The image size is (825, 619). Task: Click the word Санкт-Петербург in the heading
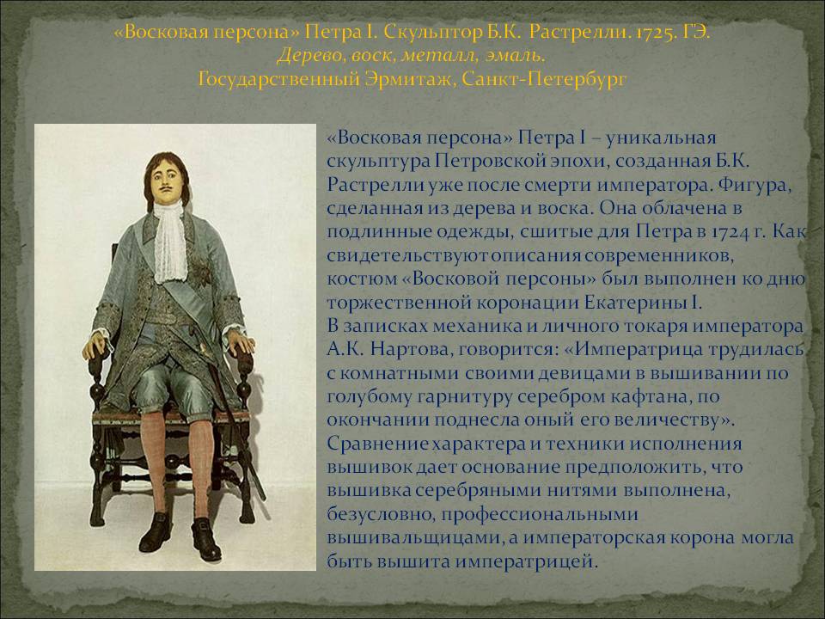[542, 80]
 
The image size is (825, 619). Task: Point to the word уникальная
[661, 138]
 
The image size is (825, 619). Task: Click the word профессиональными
[540, 514]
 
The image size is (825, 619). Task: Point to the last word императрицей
[526, 561]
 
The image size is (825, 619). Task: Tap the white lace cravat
[170, 242]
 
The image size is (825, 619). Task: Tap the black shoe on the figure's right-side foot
[205, 539]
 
